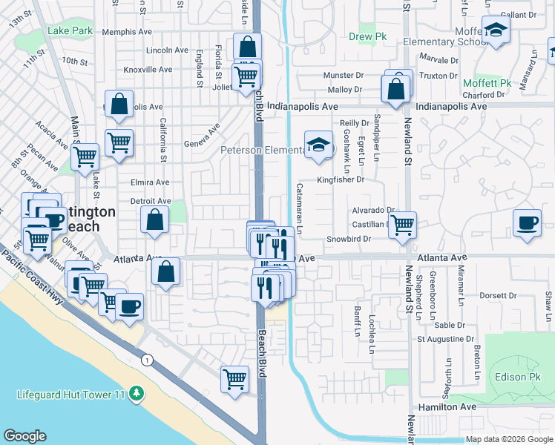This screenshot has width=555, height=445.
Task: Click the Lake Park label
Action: (x=70, y=30)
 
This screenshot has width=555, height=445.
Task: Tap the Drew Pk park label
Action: (x=363, y=36)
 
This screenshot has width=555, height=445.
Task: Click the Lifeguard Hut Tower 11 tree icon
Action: (x=136, y=392)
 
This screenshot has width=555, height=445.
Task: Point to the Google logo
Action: (x=24, y=436)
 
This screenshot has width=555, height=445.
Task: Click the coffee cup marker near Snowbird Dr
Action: (x=527, y=222)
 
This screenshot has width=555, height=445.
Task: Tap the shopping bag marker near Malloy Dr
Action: (x=395, y=90)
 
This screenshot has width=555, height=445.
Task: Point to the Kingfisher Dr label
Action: (x=341, y=179)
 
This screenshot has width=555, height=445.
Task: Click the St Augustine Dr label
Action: (x=445, y=339)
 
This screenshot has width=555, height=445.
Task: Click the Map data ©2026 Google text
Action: (x=509, y=439)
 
